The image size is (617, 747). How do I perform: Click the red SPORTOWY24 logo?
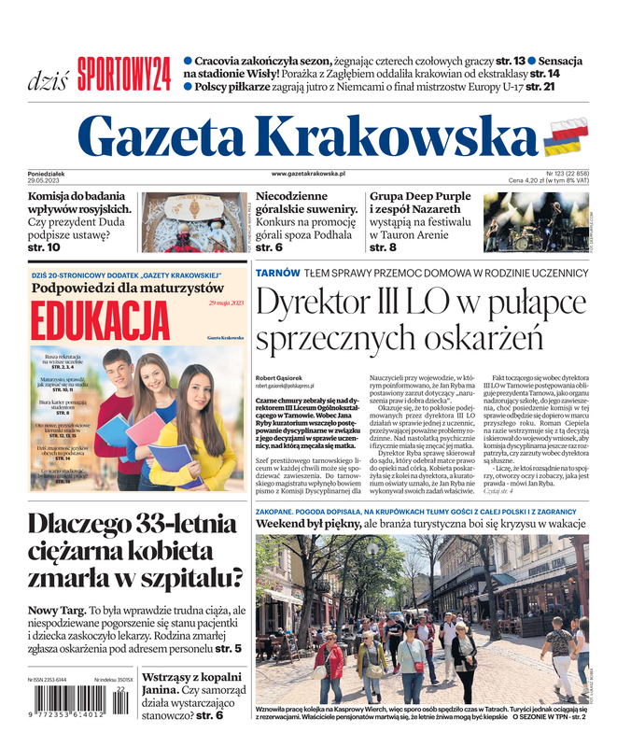[x=124, y=73]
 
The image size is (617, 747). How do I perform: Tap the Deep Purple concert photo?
[x=536, y=222]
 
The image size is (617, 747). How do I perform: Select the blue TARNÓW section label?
[x=278, y=273]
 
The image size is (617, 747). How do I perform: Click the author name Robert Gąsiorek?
[x=279, y=377]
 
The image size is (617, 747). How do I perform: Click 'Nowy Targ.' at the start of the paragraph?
[x=56, y=611]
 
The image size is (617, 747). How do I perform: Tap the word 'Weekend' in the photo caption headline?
[x=287, y=525]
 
